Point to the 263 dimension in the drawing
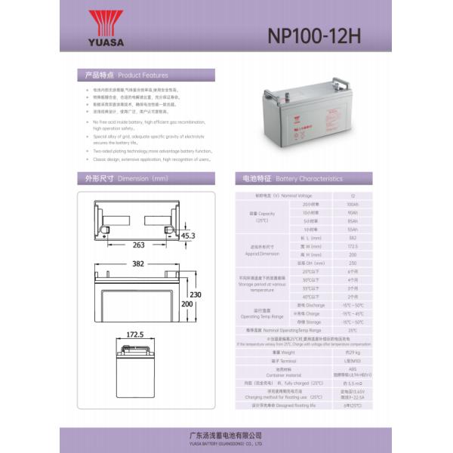pos(138,245)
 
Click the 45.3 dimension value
pos(188,236)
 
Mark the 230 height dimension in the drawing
pos(196,294)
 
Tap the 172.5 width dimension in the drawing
pos(134,333)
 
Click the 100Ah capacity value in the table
pos(353,205)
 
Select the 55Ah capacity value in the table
pos(353,229)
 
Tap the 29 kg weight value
pos(353,351)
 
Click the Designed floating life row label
pos(280,405)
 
